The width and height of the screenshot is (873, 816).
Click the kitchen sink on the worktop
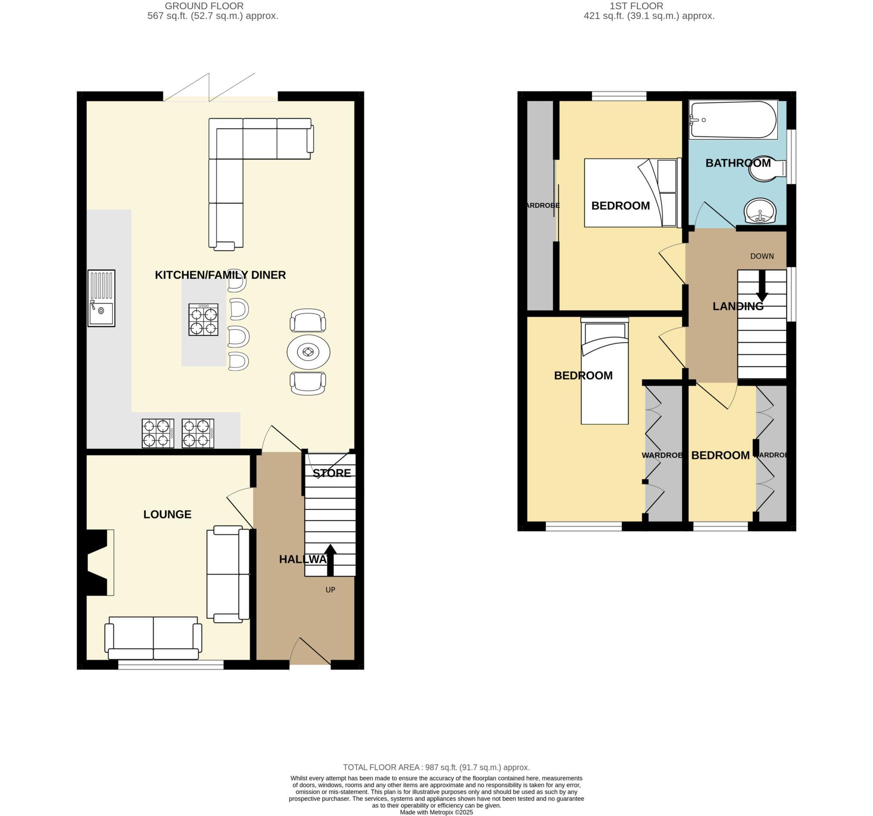pos(101,298)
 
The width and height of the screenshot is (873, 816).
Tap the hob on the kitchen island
pos(203,320)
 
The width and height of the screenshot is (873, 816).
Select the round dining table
pos(308,352)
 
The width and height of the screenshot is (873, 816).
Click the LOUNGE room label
pos(167,514)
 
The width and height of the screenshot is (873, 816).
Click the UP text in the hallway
pos(330,590)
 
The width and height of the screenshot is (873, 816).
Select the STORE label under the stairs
pos(332,473)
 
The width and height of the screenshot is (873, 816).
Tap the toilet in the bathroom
pos(766,170)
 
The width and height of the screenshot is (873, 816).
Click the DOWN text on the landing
pos(762,257)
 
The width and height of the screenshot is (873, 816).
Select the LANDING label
pos(738,306)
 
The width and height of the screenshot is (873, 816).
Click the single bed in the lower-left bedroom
pos(604,371)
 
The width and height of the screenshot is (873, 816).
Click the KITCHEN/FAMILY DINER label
pos(220,275)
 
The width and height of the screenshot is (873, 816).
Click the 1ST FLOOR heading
pos(636,6)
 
